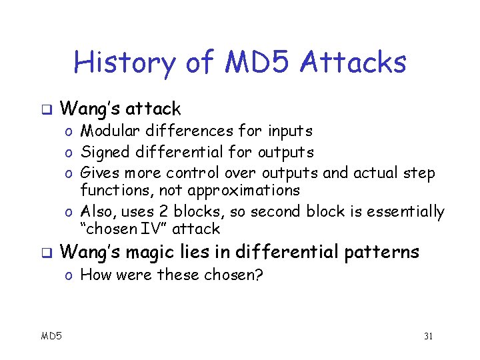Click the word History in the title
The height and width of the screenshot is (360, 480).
click(124, 63)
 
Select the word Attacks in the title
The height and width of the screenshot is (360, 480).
click(353, 63)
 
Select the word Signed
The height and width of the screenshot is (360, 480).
click(103, 153)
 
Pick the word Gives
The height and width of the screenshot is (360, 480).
click(99, 173)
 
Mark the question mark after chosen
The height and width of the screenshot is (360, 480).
click(259, 275)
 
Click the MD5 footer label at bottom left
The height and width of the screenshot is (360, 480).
click(51, 336)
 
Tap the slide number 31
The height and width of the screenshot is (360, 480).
click(428, 336)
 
